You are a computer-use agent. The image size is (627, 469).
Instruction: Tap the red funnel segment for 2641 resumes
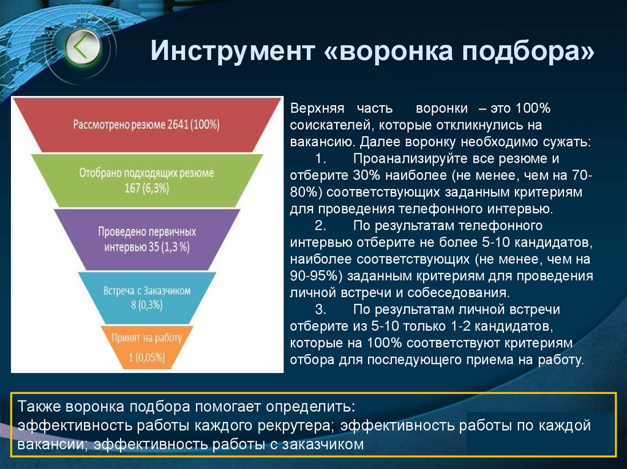point(146,124)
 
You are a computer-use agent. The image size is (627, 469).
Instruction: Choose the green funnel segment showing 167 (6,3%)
point(146,180)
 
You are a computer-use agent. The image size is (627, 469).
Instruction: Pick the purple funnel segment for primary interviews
point(146,240)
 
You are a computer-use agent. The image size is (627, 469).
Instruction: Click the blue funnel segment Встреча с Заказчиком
point(146,297)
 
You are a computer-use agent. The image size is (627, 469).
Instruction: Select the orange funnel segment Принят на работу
point(146,346)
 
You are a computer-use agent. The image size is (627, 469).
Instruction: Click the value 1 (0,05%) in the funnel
point(147,354)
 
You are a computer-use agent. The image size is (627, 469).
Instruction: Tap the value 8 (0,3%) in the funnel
point(146,305)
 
